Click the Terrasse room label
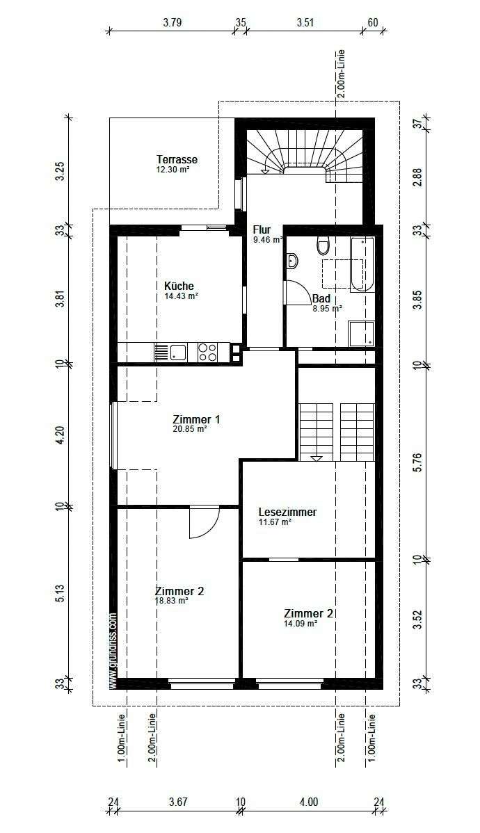tap(177, 160)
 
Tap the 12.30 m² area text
tap(173, 169)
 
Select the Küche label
tap(179, 286)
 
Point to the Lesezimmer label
tap(287, 512)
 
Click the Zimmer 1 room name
tap(196, 419)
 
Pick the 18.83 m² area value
tap(172, 600)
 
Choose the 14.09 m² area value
tap(301, 624)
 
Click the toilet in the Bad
tap(322, 245)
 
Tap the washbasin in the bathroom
tap(291, 261)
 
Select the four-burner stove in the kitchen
tap(207, 352)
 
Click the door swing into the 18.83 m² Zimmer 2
tap(204, 523)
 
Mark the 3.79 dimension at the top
tap(173, 22)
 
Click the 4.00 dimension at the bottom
tap(309, 802)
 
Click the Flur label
tap(262, 230)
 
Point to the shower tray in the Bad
tap(362, 332)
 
